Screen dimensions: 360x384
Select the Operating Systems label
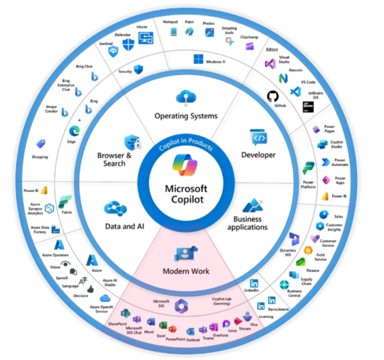(186, 116)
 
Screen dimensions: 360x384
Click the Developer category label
(258, 155)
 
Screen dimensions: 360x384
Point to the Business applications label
(246, 223)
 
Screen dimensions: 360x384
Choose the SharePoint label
(116, 323)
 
